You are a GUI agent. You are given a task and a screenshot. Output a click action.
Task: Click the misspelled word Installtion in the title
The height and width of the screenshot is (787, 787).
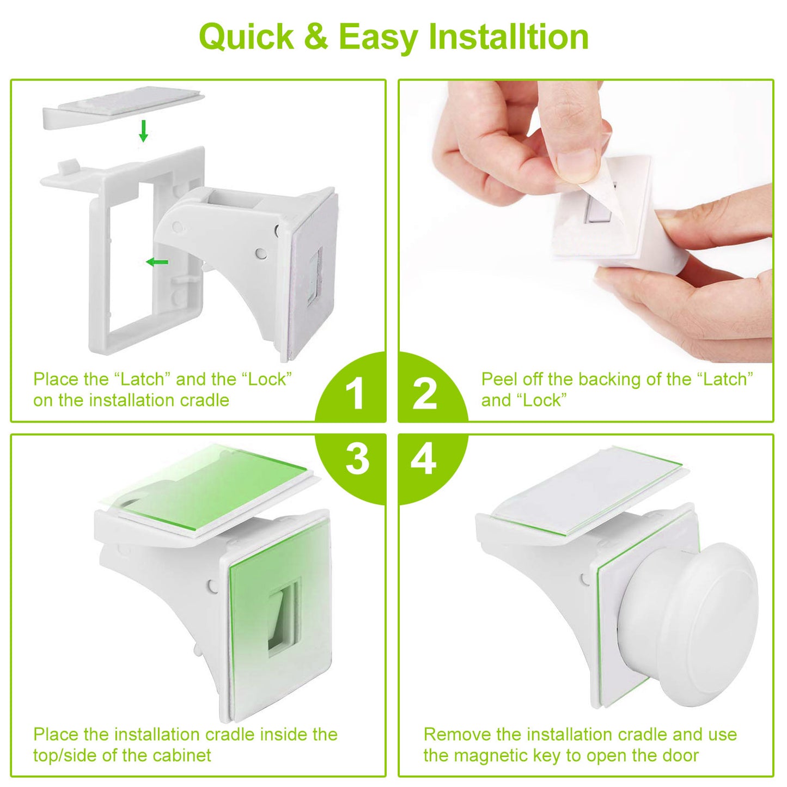[508, 37]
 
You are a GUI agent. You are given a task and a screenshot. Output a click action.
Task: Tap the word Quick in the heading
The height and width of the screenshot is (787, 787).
[247, 37]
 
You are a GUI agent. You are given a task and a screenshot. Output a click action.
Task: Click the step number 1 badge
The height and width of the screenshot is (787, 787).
[355, 393]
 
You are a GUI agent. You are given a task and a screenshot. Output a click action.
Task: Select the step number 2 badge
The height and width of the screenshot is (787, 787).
[425, 393]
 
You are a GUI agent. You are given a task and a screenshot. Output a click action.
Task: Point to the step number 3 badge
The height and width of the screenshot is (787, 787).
[357, 459]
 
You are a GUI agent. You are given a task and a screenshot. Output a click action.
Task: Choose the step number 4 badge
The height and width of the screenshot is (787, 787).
[423, 459]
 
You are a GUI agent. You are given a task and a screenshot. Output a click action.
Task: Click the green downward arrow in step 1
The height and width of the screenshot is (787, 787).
[143, 131]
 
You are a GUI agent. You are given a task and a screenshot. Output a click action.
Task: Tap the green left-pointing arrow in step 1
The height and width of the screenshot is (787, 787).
[157, 263]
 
